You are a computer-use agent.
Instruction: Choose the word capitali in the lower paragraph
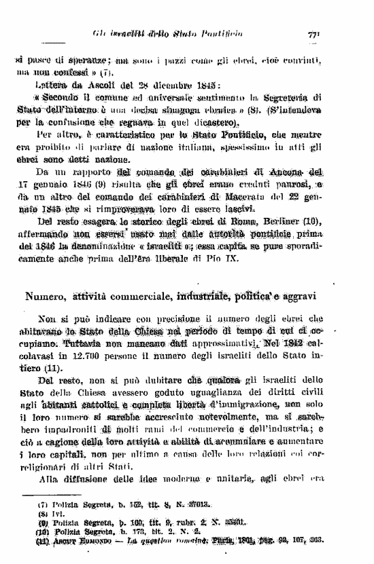pyautogui.click(x=60, y=449)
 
